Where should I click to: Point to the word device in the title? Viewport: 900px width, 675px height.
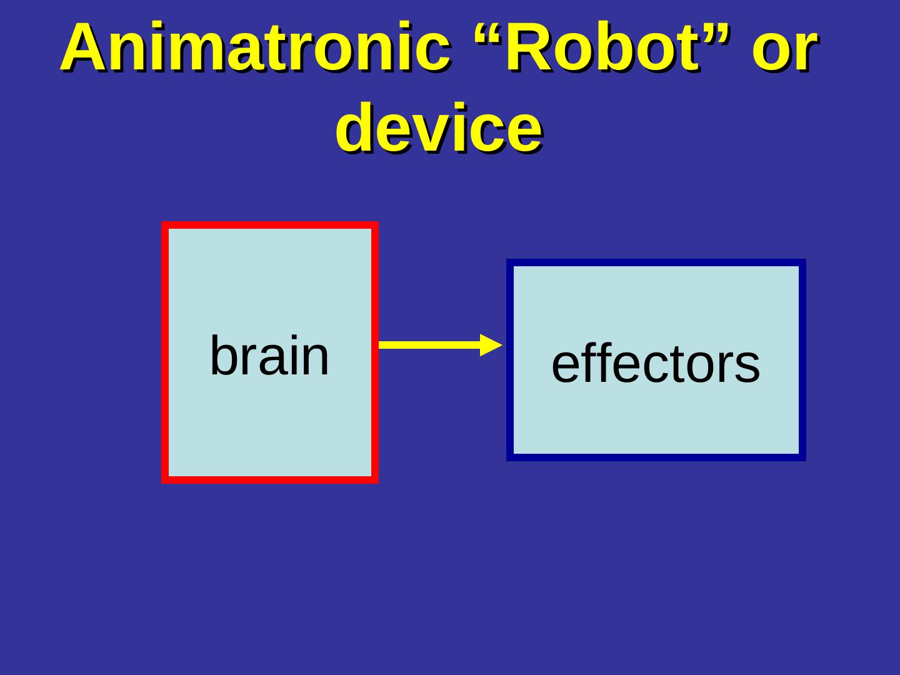tap(438, 129)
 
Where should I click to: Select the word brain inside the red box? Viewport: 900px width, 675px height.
tap(269, 356)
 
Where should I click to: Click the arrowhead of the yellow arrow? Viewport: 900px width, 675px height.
tap(492, 344)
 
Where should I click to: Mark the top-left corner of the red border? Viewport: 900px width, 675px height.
tap(165, 225)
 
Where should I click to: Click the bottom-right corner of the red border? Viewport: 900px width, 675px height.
tap(375, 480)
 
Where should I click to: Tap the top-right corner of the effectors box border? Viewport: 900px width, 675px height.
tap(802, 262)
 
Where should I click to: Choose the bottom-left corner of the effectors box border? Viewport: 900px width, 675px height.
tap(510, 457)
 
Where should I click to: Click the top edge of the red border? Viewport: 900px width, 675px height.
tap(269, 225)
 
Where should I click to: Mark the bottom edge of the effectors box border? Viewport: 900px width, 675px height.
tap(656, 457)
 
